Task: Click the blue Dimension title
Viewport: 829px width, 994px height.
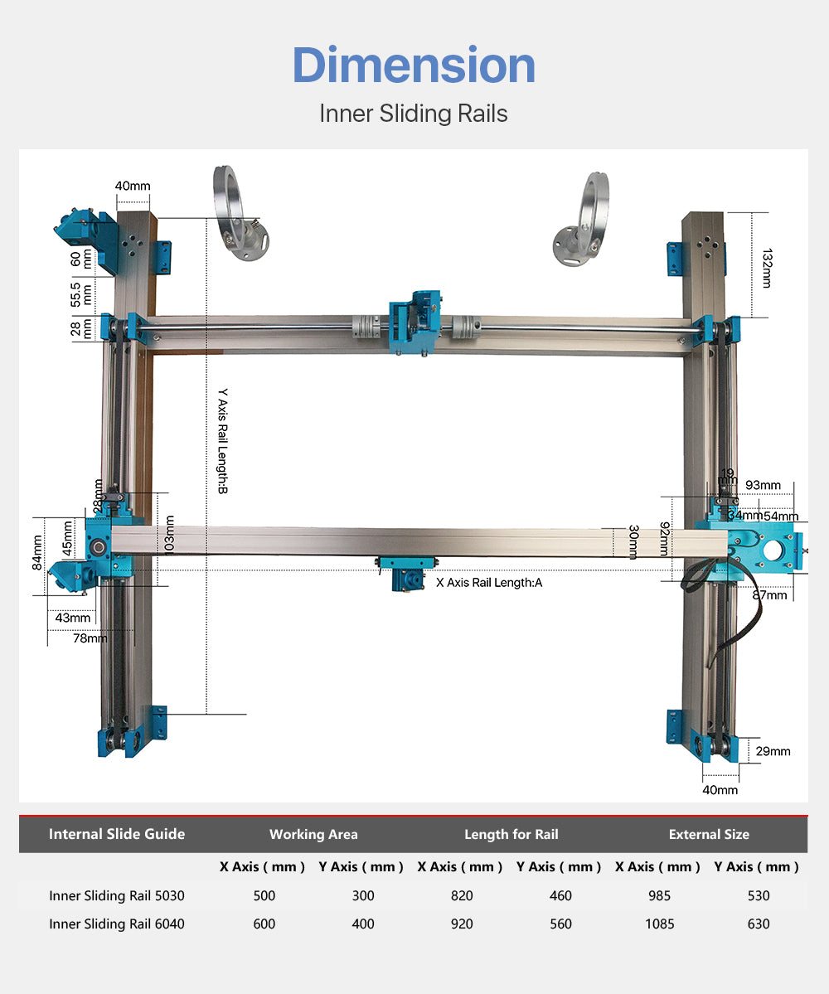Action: point(414,66)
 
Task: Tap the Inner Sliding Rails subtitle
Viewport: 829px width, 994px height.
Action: point(414,114)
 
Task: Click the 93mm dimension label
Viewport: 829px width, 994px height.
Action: point(763,485)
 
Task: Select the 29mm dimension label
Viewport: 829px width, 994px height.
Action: point(773,751)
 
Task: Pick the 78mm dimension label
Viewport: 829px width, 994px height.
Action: point(90,638)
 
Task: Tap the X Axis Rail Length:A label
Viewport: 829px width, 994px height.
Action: point(489,582)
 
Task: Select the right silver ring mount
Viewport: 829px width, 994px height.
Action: point(584,218)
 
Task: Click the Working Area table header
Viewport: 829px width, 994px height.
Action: point(313,834)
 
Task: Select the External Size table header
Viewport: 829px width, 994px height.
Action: point(709,834)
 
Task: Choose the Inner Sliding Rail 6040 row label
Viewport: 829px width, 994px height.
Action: point(117,924)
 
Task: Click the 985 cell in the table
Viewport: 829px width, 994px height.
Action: point(661,895)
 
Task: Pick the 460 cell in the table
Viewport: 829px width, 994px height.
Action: point(560,895)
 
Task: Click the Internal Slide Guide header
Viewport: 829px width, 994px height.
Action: point(117,834)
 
